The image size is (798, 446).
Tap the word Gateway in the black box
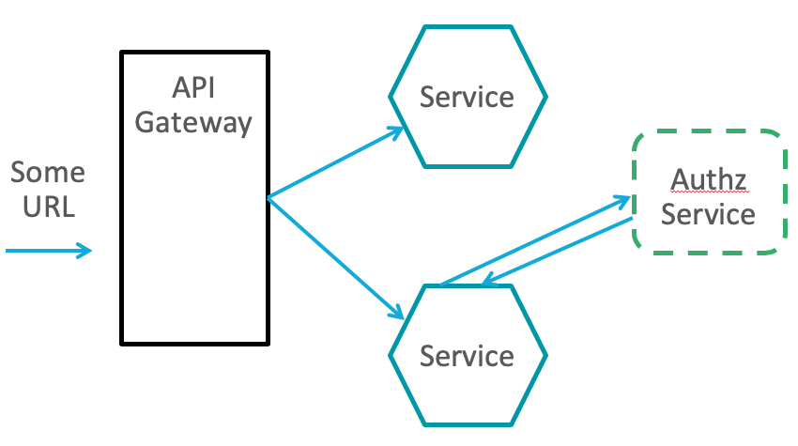pyautogui.click(x=194, y=123)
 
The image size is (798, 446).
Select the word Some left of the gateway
pyautogui.click(x=47, y=173)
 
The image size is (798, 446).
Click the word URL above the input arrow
pyautogui.click(x=47, y=208)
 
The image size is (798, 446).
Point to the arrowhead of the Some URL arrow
pyautogui.click(x=86, y=250)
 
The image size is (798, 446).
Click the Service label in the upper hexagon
pyautogui.click(x=467, y=97)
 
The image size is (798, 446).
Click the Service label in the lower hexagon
pyautogui.click(x=467, y=356)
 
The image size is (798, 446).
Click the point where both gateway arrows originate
pyautogui.click(x=269, y=198)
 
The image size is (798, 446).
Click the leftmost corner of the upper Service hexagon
pyautogui.click(x=391, y=97)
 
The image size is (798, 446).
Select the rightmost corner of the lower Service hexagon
pyautogui.click(x=546, y=356)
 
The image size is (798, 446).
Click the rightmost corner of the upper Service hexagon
pyautogui.click(x=546, y=97)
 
